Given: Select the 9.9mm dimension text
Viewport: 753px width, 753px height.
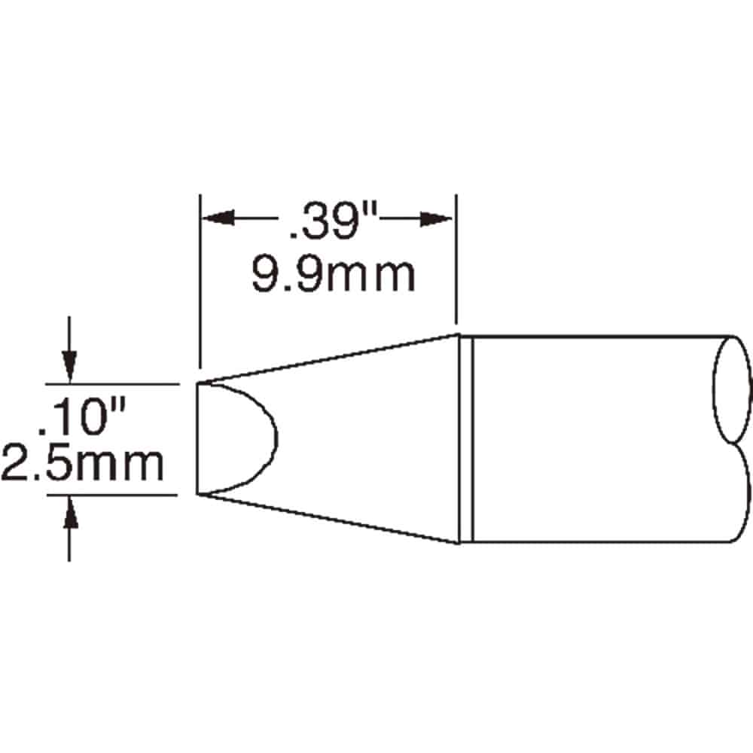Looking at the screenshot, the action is coord(334,275).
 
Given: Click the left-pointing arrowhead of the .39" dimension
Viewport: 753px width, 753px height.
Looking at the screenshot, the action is coord(218,218).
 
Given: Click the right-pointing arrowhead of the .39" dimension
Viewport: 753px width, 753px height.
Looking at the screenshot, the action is coord(436,218).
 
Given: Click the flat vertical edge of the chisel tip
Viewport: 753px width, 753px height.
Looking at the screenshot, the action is coord(198,438).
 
